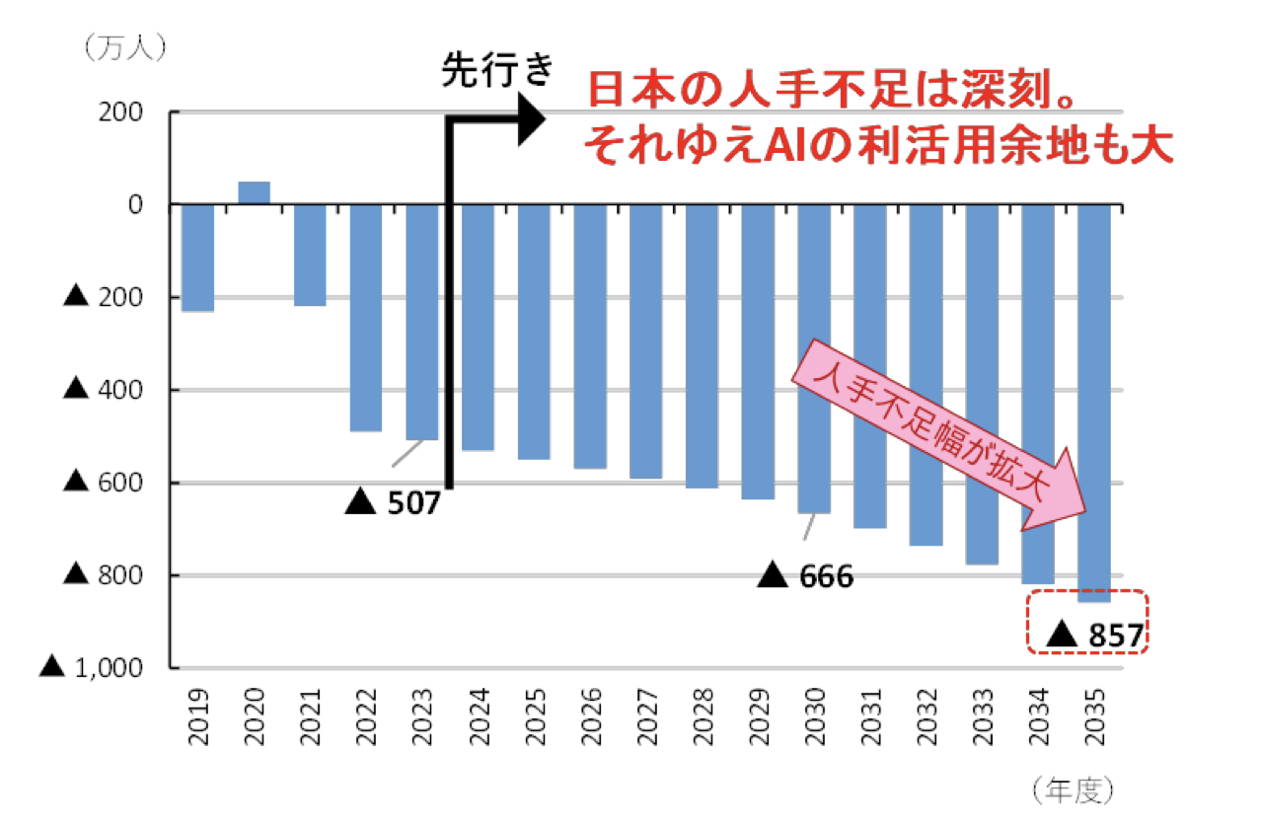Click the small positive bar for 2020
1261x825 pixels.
coord(255,193)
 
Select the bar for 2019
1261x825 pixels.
coord(198,258)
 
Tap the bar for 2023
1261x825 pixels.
coord(422,322)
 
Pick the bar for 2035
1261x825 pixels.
coord(1094,403)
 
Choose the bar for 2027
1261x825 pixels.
coord(646,340)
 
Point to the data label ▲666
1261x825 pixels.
coord(806,576)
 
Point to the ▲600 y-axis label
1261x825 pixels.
coord(104,483)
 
